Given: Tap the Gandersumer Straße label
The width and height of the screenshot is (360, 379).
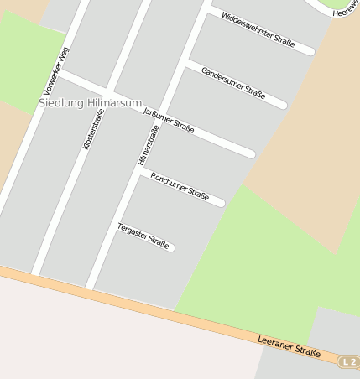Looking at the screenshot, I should [x=233, y=83].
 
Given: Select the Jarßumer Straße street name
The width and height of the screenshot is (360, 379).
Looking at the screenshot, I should [x=170, y=121].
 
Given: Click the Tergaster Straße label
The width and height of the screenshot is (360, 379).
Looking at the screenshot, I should [x=143, y=235].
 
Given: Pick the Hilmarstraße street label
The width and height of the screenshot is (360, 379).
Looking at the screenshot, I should [x=148, y=145].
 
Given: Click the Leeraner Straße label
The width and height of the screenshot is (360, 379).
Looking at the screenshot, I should [x=290, y=348].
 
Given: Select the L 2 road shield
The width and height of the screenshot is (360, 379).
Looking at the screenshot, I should [x=349, y=361].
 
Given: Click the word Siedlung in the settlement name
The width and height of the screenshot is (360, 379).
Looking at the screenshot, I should [x=61, y=103].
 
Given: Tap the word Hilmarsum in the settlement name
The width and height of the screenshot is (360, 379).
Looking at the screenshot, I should [x=115, y=103].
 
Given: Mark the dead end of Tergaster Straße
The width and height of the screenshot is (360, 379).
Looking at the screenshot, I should [x=171, y=247].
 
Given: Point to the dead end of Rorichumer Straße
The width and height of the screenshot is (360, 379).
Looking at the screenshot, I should [x=222, y=203].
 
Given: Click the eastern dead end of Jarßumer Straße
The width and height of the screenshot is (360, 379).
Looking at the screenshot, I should [x=251, y=154].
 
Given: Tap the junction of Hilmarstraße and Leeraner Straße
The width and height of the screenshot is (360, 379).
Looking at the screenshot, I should [x=89, y=288].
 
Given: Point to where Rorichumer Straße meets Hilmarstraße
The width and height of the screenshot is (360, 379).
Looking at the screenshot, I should [x=141, y=171].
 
